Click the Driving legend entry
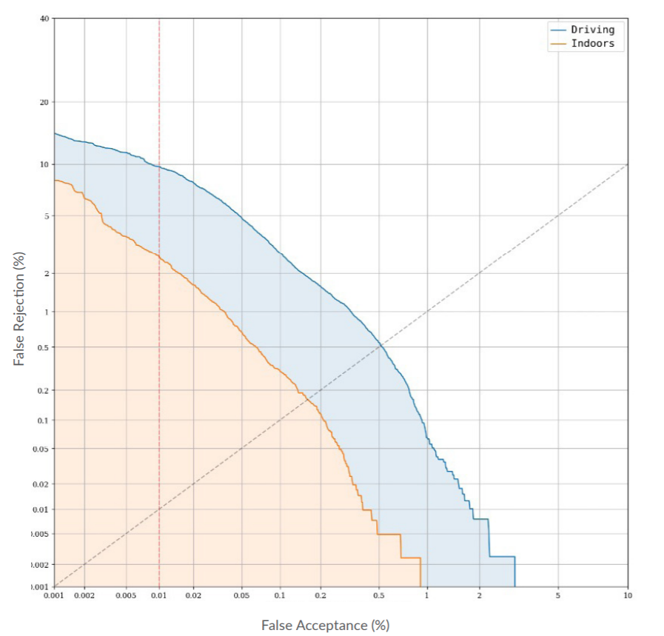point(592,30)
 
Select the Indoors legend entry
point(592,44)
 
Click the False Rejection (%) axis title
point(20,308)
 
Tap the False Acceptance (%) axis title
point(325,625)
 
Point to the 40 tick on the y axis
point(44,19)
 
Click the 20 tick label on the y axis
point(44,102)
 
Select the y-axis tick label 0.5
point(43,347)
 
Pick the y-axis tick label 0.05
point(41,449)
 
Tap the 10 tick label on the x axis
point(628,595)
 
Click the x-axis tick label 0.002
point(84,595)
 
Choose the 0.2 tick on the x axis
point(321,595)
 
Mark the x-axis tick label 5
point(558,595)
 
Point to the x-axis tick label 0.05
point(241,595)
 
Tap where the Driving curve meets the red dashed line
point(159,167)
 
